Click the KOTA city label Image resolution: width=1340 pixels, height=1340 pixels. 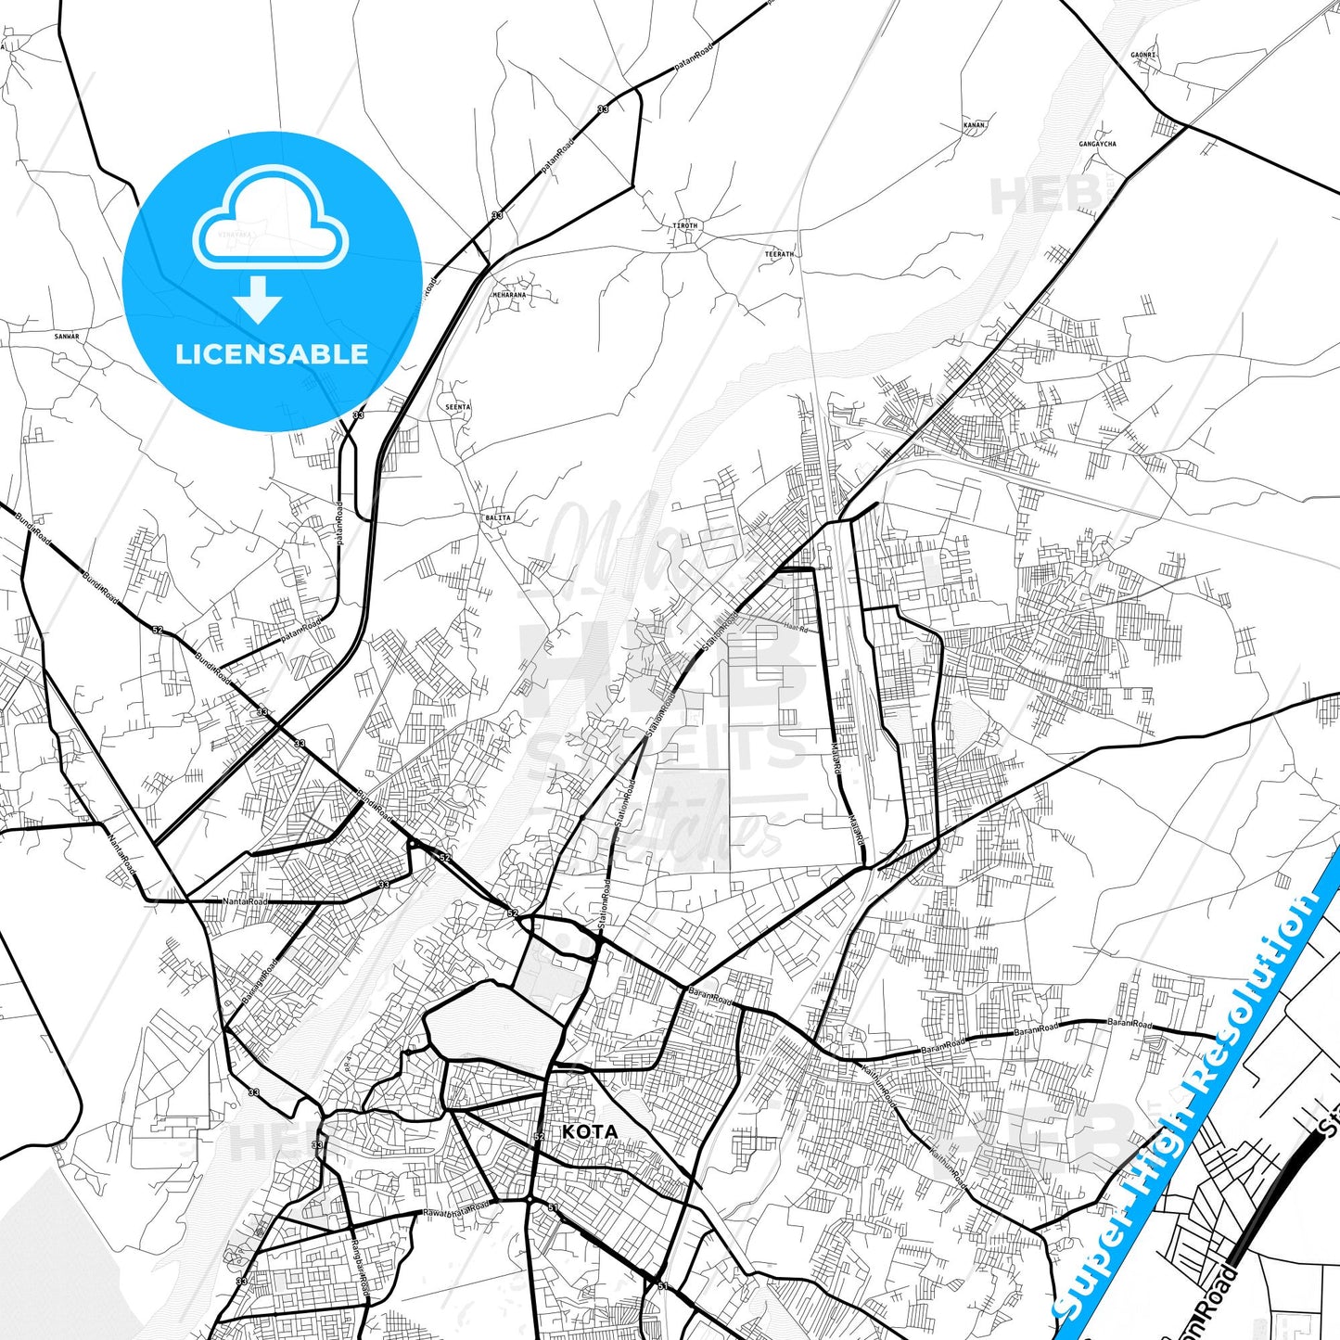(590, 1131)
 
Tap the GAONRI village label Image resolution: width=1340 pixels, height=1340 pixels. (1143, 56)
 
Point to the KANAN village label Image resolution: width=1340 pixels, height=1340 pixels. (974, 124)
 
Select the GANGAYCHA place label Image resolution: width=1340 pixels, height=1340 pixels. (1097, 145)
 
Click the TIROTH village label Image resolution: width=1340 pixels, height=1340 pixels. (685, 225)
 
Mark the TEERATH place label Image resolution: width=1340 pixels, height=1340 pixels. (779, 254)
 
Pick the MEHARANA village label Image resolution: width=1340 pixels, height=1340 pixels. (509, 295)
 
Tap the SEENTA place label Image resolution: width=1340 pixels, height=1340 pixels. (458, 407)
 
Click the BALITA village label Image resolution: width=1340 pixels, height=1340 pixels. (498, 517)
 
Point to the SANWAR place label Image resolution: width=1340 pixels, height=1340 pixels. (67, 337)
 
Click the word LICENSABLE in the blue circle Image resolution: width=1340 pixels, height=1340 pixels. (272, 354)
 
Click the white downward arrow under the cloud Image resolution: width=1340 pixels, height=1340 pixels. (259, 300)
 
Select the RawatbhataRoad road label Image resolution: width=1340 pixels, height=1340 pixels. (456, 1210)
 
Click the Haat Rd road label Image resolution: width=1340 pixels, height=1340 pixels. (796, 627)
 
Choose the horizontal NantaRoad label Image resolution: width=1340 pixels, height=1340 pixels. (245, 901)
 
